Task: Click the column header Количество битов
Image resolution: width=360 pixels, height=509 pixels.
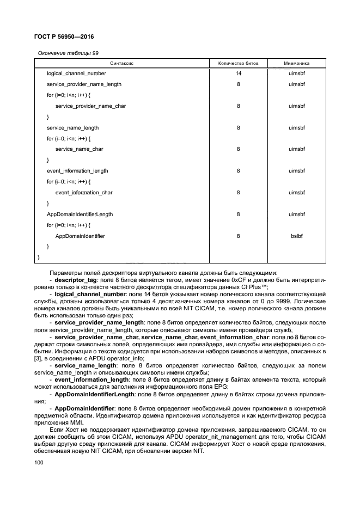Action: click(238, 64)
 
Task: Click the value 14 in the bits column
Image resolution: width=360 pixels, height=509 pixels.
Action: click(238, 73)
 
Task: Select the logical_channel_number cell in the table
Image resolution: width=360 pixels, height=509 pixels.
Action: click(76, 73)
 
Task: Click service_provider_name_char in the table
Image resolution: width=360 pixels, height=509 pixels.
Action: click(90, 106)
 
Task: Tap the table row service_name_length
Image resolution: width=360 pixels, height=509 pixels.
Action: click(73, 128)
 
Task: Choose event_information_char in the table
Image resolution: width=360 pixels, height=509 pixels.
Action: click(84, 193)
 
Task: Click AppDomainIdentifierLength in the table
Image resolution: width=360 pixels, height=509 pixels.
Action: click(80, 214)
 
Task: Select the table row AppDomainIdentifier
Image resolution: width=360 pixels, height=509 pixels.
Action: click(80, 236)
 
